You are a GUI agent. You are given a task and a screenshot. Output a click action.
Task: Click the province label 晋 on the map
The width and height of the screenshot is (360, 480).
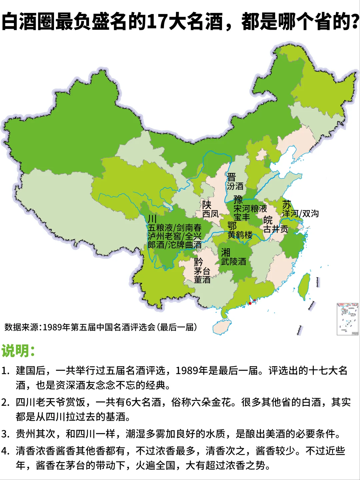[x=231, y=177]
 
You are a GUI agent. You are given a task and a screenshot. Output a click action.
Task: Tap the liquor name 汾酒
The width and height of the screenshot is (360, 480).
[x=235, y=186]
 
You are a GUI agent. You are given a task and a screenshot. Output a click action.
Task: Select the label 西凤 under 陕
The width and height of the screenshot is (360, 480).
[x=210, y=214]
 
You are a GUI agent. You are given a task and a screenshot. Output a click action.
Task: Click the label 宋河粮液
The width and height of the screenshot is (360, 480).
[x=250, y=209]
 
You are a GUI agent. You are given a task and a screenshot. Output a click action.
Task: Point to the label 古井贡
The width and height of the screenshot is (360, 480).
[x=276, y=229]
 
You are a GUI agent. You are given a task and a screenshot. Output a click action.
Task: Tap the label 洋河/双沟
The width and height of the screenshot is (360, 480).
[x=300, y=214]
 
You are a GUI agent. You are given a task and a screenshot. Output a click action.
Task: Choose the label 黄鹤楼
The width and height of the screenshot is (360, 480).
[x=240, y=235]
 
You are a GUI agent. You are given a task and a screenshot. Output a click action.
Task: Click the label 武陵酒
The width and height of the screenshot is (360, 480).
[x=233, y=262]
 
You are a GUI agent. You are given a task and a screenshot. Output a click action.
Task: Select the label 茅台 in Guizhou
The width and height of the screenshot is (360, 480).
[x=202, y=271]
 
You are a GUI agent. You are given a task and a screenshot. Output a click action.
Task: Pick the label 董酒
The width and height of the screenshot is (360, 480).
[x=202, y=280]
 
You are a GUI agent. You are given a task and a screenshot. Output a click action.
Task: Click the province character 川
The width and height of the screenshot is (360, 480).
[x=152, y=219]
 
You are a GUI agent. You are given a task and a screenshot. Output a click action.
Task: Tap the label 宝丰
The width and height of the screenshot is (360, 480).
[x=241, y=217]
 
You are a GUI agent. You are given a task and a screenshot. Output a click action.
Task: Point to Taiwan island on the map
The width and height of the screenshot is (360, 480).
[x=304, y=286]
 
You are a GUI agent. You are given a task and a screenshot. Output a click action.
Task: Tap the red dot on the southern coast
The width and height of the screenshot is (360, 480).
[x=250, y=303]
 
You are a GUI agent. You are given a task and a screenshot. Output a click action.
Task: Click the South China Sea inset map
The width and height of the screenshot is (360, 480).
[x=348, y=319]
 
